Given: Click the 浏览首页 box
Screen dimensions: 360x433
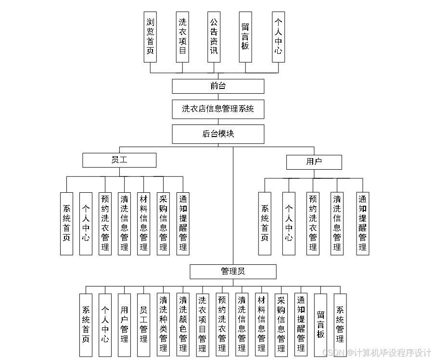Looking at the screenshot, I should pos(150,37).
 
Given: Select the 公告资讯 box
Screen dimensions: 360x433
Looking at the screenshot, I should pos(214,37).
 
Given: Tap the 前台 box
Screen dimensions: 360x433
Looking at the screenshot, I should pos(218,86).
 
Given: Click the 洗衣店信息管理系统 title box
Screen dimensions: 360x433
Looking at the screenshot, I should pos(218,109).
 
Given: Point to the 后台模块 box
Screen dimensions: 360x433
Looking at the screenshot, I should pos(218,134).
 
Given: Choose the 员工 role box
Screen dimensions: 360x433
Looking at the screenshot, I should pos(119,160).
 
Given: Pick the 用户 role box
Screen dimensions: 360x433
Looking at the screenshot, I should pos(314,162).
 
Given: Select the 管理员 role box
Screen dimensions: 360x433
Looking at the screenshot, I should pos(233,272).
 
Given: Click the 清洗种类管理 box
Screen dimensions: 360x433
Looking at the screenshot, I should pos(164,325).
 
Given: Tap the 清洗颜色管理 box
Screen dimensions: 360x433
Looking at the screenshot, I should pos(183,325).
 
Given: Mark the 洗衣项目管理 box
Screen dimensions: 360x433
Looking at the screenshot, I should pos(203,325).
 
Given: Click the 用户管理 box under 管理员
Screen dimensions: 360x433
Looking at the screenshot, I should pos(125,325).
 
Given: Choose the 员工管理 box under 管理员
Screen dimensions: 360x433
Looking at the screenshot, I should pos(143,325).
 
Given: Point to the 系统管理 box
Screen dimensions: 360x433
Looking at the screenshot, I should pos(340,325).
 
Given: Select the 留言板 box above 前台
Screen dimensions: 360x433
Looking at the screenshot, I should pos(245,37).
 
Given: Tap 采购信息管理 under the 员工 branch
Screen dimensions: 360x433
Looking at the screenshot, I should pos(164,223).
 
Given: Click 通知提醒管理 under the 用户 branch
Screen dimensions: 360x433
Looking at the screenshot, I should pos(363,223).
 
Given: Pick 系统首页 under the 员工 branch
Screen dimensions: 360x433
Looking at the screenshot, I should pos(66,223).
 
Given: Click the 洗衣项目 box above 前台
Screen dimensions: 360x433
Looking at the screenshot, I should pos(182,37).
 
